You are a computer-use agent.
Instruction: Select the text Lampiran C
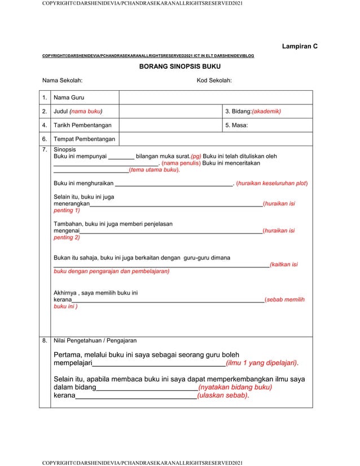(x=299, y=46)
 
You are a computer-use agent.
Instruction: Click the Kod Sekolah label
(x=214, y=81)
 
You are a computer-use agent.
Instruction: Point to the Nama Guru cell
(x=69, y=98)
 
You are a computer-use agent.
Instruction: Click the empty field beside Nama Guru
(x=216, y=98)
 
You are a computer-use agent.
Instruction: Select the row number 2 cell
(x=45, y=111)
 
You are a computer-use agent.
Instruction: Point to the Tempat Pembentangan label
(x=84, y=139)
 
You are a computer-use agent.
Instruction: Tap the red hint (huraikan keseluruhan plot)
(x=272, y=183)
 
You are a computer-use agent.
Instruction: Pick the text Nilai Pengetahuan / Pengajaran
(x=95, y=341)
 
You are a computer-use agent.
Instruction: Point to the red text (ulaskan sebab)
(x=223, y=395)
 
